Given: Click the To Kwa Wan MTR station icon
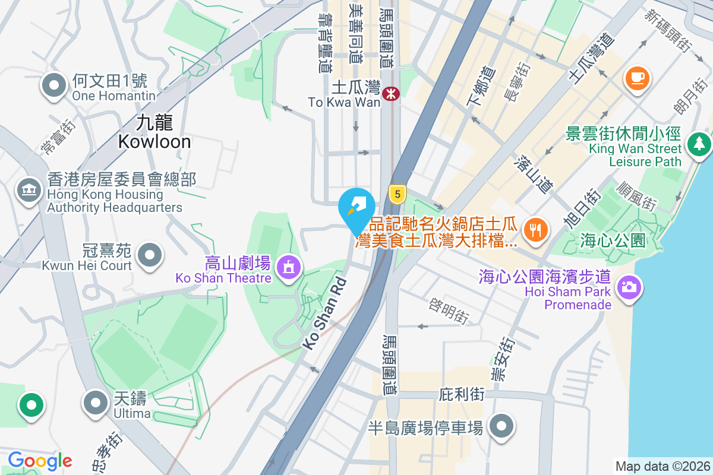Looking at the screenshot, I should coord(391,94).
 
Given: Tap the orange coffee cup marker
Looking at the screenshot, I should coord(637,78).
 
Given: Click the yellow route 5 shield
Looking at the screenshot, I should coord(397,193).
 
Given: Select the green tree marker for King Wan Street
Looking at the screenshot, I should coord(699,144).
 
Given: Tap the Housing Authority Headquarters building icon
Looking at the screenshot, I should coord(28,191).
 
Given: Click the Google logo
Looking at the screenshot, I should coord(40,461).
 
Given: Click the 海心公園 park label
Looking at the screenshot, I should coord(613,240).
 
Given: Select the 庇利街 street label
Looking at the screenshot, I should coord(462,394).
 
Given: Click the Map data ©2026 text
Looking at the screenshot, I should coord(662,466).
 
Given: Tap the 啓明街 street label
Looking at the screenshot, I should coord(450,311).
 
